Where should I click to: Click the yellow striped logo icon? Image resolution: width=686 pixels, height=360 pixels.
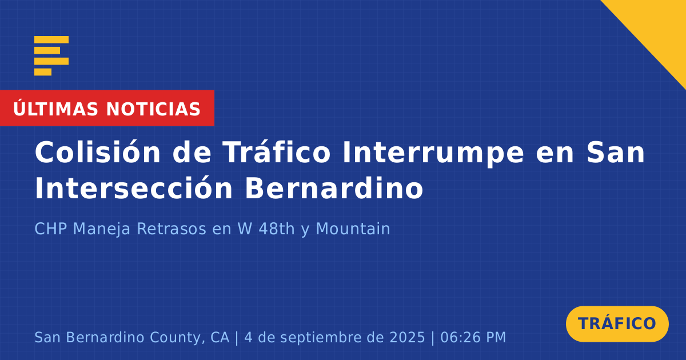point(51,56)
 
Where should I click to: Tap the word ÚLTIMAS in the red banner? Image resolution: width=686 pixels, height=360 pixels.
point(55,109)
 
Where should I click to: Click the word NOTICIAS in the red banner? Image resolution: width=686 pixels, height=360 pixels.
point(153,109)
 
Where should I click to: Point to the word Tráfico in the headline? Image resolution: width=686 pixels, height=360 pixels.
point(277,152)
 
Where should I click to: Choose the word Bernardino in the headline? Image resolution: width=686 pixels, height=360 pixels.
point(334,188)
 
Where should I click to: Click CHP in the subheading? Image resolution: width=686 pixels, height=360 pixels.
point(51,229)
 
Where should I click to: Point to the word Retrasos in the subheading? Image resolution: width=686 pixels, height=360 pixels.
point(171,229)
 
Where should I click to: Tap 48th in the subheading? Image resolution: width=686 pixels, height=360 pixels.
point(277,229)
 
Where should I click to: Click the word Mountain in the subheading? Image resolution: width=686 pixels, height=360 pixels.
point(353,229)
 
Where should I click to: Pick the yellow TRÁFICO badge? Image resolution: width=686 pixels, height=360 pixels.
point(617,323)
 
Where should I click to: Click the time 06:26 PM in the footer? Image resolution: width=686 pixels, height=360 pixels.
point(473,337)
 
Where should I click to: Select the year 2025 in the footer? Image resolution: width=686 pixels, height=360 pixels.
point(407,337)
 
